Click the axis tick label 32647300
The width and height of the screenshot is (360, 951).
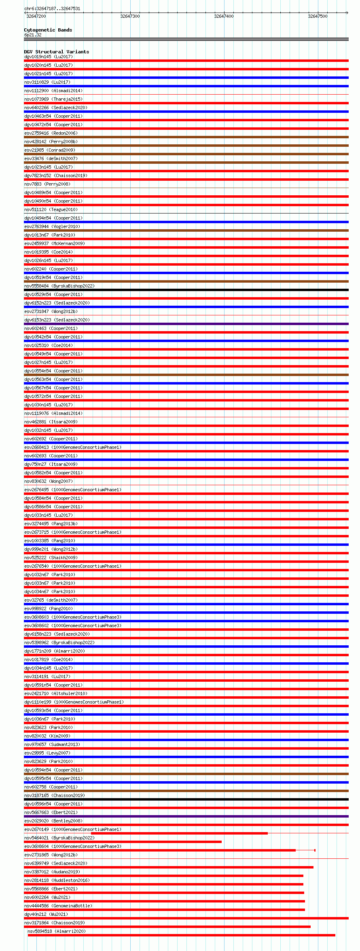click(130, 16)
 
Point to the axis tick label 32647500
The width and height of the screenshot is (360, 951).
click(318, 16)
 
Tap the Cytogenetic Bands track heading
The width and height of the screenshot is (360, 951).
click(48, 30)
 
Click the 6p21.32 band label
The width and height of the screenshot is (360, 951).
click(33, 35)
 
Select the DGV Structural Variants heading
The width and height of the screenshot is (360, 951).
click(56, 52)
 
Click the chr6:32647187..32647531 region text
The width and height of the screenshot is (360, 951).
click(52, 8)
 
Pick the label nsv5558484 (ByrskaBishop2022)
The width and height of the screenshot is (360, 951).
click(59, 286)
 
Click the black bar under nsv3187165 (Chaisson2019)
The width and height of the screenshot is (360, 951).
click(186, 799)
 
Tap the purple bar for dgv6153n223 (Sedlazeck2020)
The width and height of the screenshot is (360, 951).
click(186, 324)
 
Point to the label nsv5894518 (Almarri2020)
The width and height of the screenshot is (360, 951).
click(57, 931)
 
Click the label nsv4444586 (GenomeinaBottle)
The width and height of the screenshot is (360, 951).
click(58, 906)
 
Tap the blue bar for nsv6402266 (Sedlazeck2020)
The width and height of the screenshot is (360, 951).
click(186, 112)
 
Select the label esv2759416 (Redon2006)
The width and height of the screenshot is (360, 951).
click(51, 133)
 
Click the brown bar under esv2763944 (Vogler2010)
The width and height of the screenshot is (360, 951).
click(186, 230)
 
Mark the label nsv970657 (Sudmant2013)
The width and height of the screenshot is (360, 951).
click(52, 744)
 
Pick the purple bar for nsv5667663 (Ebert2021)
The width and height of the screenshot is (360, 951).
click(186, 816)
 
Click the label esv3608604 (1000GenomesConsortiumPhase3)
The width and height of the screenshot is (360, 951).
click(72, 846)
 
